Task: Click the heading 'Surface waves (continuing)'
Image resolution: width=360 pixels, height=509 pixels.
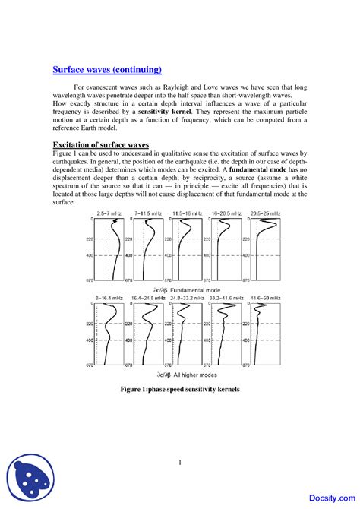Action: tap(107, 70)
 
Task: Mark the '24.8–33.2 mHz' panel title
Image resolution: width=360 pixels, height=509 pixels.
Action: tap(187, 299)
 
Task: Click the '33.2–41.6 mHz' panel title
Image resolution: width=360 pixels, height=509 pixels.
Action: tap(226, 299)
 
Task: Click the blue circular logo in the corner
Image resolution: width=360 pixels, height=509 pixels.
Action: tap(27, 481)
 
